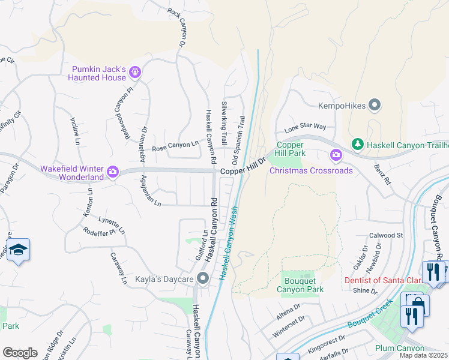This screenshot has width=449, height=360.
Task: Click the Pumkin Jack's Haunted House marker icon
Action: [135, 73]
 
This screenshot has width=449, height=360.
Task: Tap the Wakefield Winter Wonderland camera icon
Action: [112, 173]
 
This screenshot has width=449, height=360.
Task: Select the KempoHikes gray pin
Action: [375, 106]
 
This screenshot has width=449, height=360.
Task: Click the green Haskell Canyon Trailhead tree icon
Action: [357, 144]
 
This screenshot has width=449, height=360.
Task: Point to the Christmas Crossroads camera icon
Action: [336, 156]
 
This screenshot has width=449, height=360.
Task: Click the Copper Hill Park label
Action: [291, 150]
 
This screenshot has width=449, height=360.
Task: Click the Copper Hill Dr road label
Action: [243, 171]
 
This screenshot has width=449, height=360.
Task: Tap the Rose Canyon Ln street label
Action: [175, 146]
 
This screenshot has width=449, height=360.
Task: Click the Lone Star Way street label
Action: [305, 127]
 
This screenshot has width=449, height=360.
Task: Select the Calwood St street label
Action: [385, 235]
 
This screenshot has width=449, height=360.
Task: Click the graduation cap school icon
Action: [19, 250]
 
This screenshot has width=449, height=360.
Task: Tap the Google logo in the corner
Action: [19, 352]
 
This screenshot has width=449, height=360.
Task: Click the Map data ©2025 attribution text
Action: [423, 355]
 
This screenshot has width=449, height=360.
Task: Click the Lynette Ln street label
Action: [112, 225]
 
